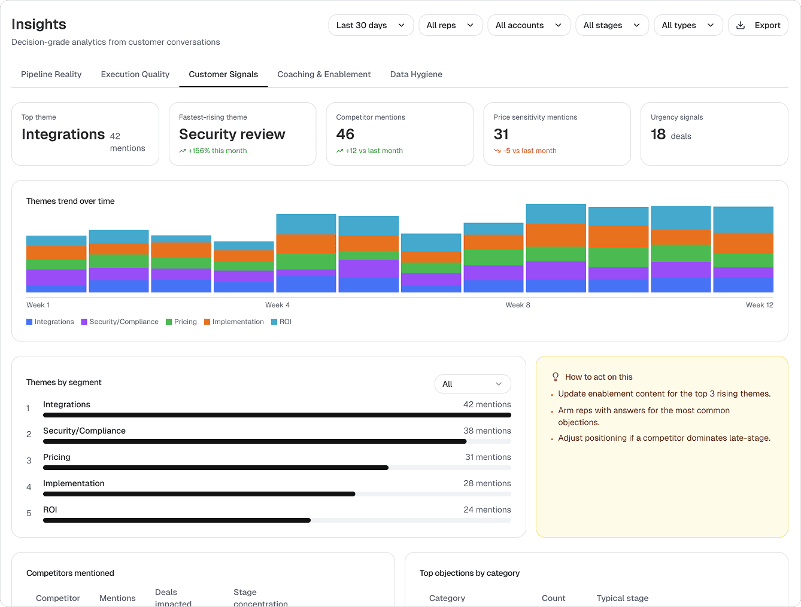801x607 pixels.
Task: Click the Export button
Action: pos(758,25)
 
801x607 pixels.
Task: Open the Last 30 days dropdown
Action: pos(371,25)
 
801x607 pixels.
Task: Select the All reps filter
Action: pos(450,25)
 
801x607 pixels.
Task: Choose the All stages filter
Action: pos(611,25)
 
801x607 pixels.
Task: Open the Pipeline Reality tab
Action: pos(51,74)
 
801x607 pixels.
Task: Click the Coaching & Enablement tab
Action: pos(324,74)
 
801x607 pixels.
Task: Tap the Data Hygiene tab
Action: pos(416,74)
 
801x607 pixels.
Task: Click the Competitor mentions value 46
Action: pos(345,135)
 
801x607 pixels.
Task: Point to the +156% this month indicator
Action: pos(217,151)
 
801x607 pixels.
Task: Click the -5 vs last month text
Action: pos(529,151)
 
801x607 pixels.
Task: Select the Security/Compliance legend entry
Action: pos(123,322)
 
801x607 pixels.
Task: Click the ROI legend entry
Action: pos(285,322)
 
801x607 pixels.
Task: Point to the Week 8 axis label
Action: pos(518,305)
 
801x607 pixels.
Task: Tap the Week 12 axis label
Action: pos(759,305)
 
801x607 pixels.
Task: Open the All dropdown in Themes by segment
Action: pos(472,384)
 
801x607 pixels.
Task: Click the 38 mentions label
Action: pos(487,431)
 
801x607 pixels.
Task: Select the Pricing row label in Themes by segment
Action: pos(57,457)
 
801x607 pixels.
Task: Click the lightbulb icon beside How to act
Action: pos(555,377)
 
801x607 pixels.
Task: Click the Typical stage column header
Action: pos(622,598)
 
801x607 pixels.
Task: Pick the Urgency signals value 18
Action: pos(658,135)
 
